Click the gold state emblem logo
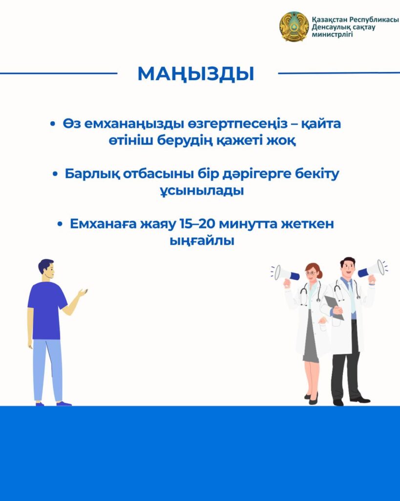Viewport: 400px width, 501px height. point(294,26)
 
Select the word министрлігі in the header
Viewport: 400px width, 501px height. point(332,35)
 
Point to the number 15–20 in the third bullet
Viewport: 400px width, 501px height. point(198,224)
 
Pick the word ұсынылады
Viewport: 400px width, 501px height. point(202,191)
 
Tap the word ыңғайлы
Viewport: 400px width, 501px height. point(202,241)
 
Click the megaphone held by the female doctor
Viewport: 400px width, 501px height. point(286,274)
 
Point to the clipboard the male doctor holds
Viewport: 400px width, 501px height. point(334,307)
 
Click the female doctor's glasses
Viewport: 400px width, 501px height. point(311,273)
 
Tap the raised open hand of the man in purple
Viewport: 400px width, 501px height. point(83,292)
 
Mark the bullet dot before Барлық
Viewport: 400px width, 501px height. point(55,174)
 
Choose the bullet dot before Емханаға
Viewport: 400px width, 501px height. point(60,224)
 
